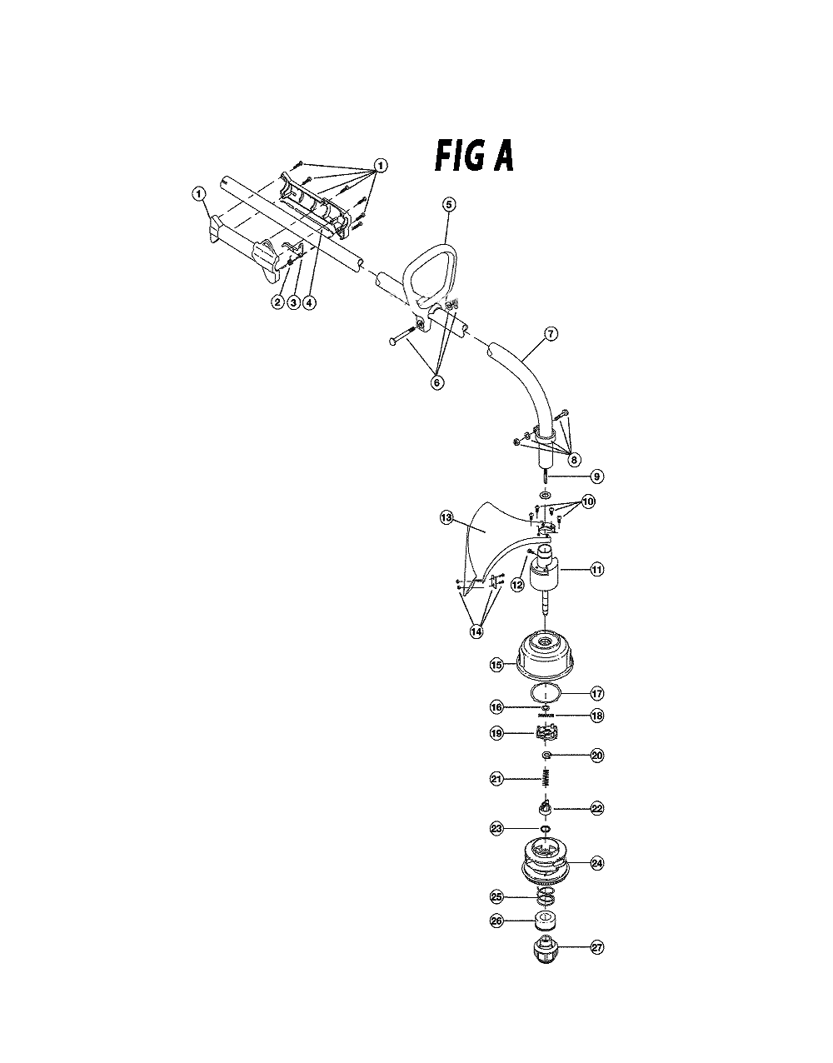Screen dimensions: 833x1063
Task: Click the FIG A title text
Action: coord(474,155)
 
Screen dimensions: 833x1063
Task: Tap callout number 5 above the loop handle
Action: coord(450,204)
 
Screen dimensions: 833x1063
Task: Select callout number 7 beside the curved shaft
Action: coord(551,334)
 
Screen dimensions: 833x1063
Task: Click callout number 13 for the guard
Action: coord(447,517)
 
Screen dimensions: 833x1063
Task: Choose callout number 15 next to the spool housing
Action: coord(496,665)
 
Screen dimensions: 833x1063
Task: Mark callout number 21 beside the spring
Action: coord(496,779)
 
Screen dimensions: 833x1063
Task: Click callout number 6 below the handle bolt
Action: coord(436,382)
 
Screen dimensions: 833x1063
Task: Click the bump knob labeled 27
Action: coord(545,950)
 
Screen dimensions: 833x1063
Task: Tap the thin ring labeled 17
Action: coord(546,693)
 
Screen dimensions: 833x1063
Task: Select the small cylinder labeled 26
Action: coord(545,921)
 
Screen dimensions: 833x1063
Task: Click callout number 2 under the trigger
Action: coord(277,302)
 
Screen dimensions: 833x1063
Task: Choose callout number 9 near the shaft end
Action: coord(596,476)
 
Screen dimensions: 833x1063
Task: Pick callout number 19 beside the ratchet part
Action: coord(496,734)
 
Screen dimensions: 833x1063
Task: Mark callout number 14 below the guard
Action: coord(476,631)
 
